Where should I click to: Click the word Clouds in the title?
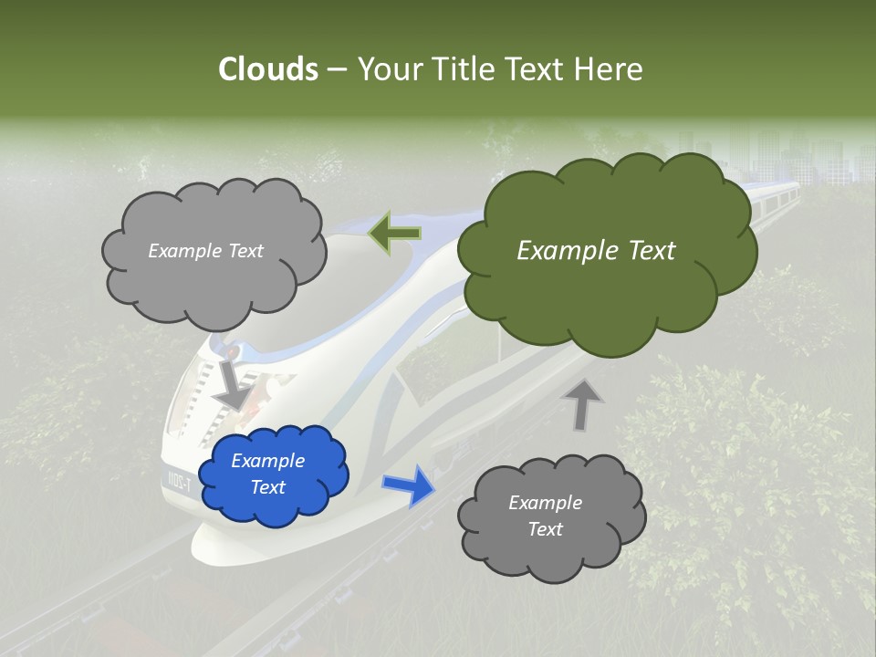(267, 69)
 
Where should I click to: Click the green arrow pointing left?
(394, 233)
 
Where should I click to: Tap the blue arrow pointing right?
(408, 485)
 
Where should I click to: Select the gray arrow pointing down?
(232, 384)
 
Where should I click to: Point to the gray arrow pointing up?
(582, 404)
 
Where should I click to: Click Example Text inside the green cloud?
(596, 251)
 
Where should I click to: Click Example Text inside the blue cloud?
(267, 474)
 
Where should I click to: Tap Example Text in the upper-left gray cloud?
(205, 251)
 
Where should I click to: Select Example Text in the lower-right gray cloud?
(545, 516)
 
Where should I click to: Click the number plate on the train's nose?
(179, 480)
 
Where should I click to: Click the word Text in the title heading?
(536, 69)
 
